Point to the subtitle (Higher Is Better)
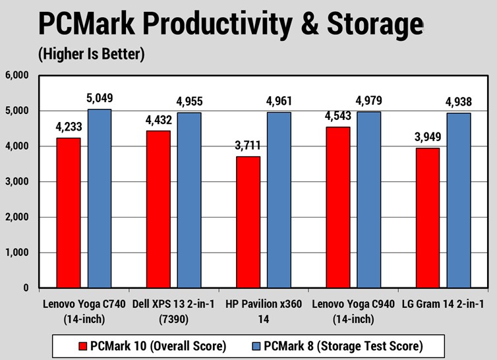point(91,54)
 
